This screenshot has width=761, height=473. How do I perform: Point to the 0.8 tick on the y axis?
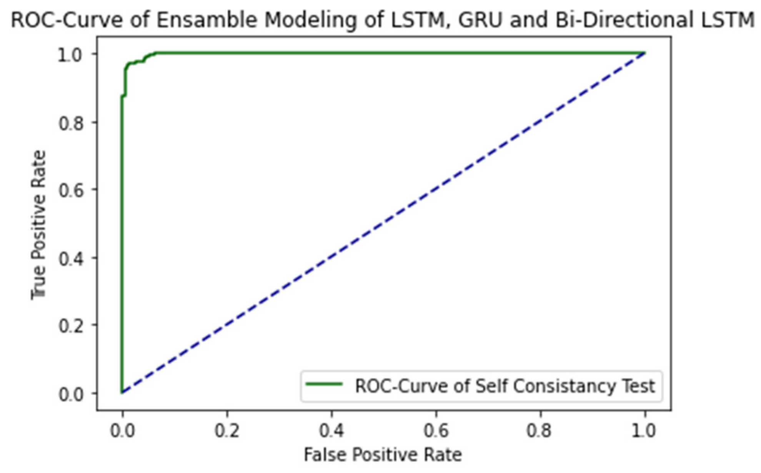[71, 123]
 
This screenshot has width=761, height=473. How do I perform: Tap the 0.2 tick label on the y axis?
[71, 326]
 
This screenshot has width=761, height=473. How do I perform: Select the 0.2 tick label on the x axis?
[227, 431]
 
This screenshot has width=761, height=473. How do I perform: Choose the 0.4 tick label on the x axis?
[331, 431]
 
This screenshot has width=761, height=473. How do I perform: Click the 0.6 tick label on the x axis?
[436, 431]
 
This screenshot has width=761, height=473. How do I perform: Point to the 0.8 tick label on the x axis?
[540, 431]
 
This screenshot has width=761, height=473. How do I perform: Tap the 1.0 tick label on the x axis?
[644, 431]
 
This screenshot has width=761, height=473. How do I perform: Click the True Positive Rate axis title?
[38, 225]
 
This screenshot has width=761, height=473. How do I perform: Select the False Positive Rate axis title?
[383, 455]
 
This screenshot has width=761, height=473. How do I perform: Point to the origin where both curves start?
[122, 393]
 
